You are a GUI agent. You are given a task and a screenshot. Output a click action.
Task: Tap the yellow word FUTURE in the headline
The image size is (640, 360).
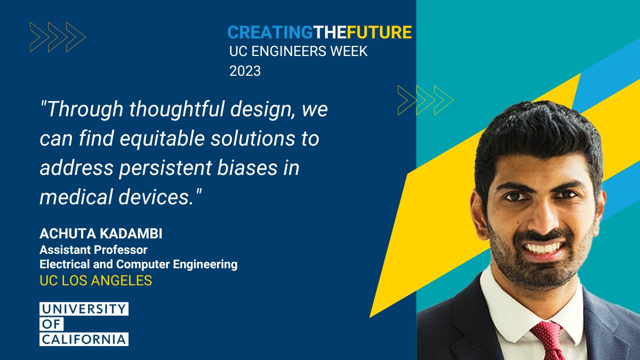379,33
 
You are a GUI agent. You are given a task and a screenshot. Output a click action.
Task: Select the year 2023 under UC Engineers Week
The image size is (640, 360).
245,71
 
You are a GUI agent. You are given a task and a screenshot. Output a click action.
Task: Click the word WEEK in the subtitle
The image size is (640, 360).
348,52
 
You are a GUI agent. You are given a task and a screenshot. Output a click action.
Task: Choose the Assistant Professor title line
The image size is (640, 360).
93,249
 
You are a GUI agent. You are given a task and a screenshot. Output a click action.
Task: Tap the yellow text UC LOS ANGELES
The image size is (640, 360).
96,280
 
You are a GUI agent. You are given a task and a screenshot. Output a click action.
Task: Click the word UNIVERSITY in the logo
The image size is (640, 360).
84,309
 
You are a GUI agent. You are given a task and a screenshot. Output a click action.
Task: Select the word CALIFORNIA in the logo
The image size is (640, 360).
84,339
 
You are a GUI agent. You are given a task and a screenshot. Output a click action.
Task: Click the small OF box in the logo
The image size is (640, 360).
52,324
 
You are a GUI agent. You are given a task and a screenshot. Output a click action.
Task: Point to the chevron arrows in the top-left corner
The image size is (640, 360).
58,37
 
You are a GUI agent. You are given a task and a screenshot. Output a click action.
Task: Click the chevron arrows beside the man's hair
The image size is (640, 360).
425,100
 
